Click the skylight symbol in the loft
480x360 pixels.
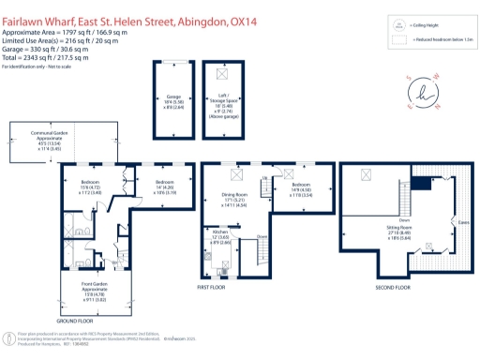click(x=222, y=74)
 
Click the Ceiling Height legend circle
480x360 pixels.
click(x=398, y=25)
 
